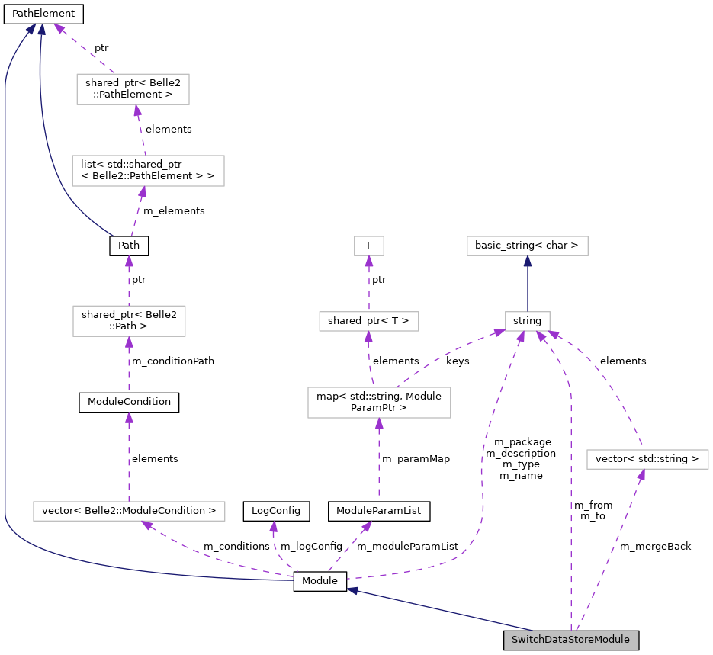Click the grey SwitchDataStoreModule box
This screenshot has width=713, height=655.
click(570, 640)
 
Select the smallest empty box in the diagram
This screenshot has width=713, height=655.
click(368, 246)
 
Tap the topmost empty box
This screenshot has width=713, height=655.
click(133, 89)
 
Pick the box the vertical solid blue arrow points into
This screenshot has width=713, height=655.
click(527, 246)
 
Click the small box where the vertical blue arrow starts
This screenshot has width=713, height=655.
click(527, 321)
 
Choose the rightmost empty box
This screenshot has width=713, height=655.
click(647, 459)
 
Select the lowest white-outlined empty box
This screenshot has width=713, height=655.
click(129, 511)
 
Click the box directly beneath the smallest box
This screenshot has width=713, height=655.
click(368, 321)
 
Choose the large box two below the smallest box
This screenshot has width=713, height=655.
click(379, 403)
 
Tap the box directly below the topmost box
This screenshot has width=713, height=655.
click(148, 171)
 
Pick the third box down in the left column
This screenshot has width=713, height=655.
click(129, 321)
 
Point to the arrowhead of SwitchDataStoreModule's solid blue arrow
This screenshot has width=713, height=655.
click(352, 590)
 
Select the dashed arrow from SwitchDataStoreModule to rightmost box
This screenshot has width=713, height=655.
click(610, 549)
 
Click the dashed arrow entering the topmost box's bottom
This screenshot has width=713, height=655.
click(140, 130)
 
